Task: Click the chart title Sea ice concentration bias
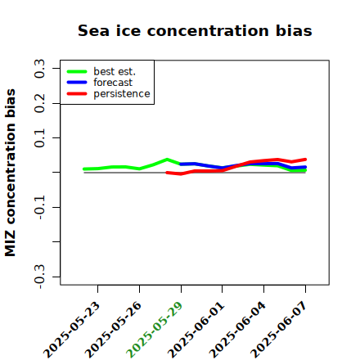coord(195,30)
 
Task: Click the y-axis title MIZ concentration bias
coord(11,173)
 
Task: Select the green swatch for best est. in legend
coord(77,71)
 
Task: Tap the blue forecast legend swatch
coord(77,83)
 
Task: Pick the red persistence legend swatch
coord(77,93)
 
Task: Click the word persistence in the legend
coord(122,94)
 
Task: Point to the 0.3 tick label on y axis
coord(39,69)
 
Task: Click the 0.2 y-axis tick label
coord(39,103)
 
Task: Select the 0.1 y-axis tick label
coord(39,138)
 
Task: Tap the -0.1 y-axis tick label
coord(39,208)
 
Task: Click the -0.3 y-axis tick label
coord(39,277)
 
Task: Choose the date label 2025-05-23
coord(71,330)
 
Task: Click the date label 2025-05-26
coord(113,330)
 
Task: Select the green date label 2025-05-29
coord(155,330)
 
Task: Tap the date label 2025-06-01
coord(196,330)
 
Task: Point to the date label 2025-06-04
coord(237,330)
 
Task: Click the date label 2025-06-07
coord(279,330)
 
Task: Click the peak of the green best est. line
coord(167,160)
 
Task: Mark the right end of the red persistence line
coord(305,160)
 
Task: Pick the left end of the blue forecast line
coord(181,164)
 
